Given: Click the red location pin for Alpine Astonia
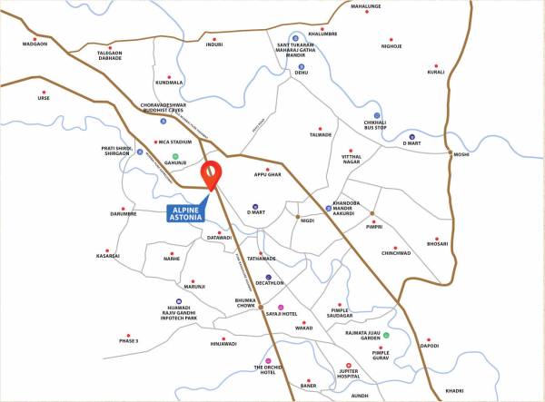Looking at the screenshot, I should coord(212,173).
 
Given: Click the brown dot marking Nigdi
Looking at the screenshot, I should coord(300,219).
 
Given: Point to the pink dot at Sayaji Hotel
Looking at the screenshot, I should coord(281,308).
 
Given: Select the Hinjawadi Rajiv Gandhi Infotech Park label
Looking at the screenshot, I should coord(175,312).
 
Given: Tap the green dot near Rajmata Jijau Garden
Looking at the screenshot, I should coord(386,336).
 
